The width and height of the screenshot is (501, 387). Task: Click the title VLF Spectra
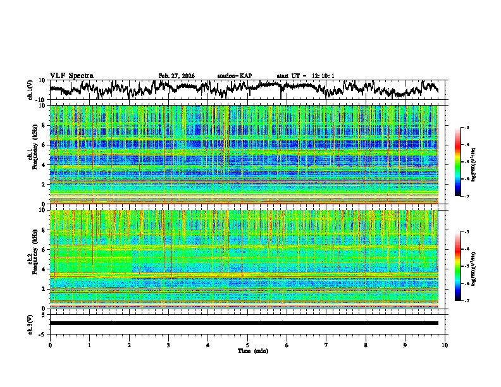tap(71, 76)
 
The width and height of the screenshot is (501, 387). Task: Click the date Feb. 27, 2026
tap(176, 76)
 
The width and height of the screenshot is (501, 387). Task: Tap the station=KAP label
tap(235, 76)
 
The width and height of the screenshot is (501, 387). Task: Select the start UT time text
tap(306, 76)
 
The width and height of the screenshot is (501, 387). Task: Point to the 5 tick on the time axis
tap(247, 345)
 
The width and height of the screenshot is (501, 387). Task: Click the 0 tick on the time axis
tap(50, 345)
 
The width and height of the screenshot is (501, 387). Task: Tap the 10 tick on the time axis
tap(445, 345)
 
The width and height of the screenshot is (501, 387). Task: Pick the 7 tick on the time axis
tap(326, 345)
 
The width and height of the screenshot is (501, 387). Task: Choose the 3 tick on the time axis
tap(168, 345)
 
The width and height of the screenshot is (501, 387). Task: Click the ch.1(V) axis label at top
tap(30, 90)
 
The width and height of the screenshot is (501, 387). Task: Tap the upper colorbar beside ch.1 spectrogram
tap(457, 163)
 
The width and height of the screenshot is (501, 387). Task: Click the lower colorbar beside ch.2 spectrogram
tap(457, 266)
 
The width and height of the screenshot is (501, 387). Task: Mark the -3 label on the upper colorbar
tap(466, 128)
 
